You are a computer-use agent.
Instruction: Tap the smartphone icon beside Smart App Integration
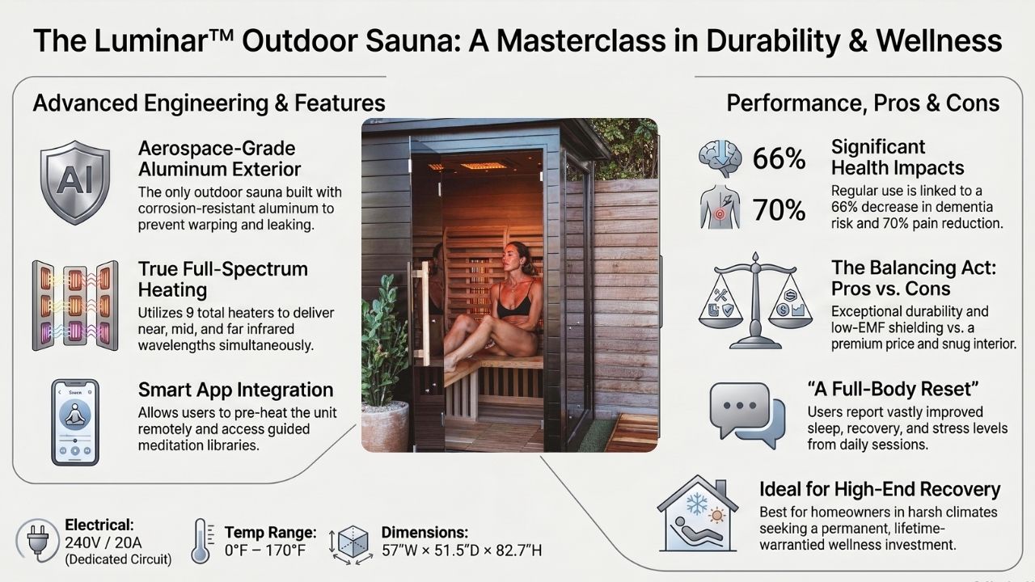[x=74, y=422]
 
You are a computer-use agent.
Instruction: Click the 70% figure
[x=779, y=210]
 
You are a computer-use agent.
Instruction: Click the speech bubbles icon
[x=746, y=414]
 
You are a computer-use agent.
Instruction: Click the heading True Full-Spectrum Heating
[x=222, y=279]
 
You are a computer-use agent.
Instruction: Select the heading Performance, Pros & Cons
[x=863, y=103]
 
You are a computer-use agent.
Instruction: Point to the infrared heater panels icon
[x=74, y=305]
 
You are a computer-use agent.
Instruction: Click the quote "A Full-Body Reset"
[x=871, y=390]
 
